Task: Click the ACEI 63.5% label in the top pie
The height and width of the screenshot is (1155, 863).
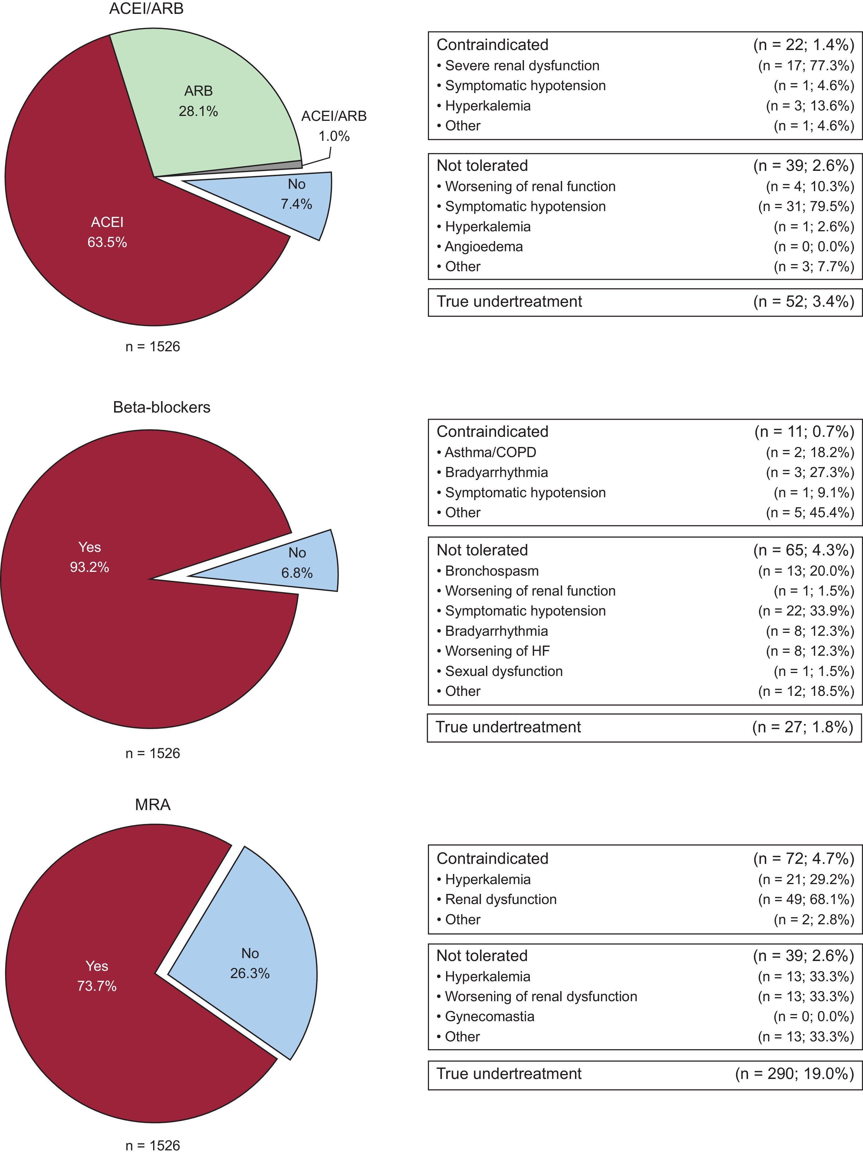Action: tap(107, 232)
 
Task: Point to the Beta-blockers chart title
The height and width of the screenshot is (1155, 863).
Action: tap(162, 407)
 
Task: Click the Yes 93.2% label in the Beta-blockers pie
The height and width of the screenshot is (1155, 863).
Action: tap(90, 557)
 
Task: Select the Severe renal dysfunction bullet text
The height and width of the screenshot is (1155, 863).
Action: tap(522, 66)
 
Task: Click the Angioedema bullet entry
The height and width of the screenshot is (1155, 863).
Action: tap(483, 246)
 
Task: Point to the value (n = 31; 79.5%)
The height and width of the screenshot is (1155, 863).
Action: tap(806, 207)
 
